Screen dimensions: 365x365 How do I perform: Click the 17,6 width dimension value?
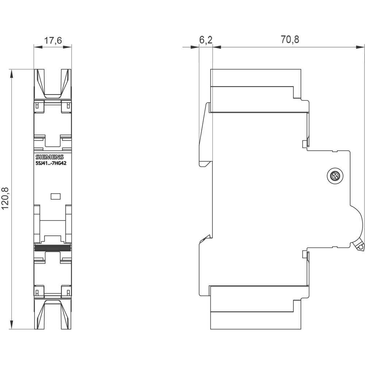pyautogui.click(x=53, y=41)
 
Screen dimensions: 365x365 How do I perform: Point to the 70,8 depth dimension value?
pyautogui.click(x=290, y=40)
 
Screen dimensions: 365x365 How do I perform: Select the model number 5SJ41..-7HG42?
pyautogui.click(x=51, y=163)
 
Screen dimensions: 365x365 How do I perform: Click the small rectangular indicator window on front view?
pyautogui.click(x=55, y=196)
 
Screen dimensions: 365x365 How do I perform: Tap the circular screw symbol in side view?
pyautogui.click(x=334, y=177)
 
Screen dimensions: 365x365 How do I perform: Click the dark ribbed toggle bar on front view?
pyautogui.click(x=53, y=247)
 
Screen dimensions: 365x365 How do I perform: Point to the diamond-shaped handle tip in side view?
pyautogui.click(x=361, y=247)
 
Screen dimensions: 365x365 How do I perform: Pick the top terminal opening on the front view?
pyautogui.click(x=53, y=82)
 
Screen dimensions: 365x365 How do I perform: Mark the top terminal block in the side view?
pyautogui.click(x=255, y=91)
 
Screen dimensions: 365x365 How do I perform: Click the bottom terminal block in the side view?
pyautogui.click(x=255, y=307)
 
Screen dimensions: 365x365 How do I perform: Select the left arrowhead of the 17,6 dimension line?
pyautogui.click(x=36, y=46)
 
